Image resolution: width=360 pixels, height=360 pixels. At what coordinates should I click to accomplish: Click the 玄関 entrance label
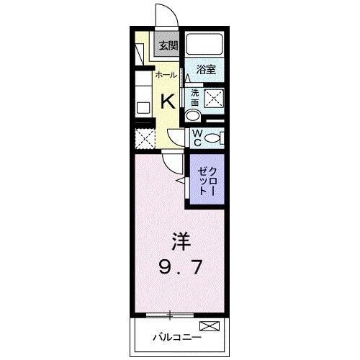click(x=168, y=45)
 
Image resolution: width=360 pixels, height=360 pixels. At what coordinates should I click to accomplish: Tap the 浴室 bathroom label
click(x=207, y=70)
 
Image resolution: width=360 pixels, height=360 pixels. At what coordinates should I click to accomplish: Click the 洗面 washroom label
click(x=194, y=97)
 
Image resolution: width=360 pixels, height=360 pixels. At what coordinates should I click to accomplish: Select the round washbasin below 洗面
click(x=192, y=116)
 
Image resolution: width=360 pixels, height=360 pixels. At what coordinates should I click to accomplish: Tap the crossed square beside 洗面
click(x=214, y=99)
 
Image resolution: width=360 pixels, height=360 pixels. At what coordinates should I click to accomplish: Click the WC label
click(x=195, y=138)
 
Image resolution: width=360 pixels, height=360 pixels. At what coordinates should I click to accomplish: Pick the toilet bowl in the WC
click(x=214, y=138)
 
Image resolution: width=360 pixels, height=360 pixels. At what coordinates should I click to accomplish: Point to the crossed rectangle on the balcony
click(x=209, y=328)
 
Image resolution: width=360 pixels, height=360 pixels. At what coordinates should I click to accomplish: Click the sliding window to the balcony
click(x=171, y=314)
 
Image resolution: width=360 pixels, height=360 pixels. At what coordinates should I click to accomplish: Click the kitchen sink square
click(x=143, y=107)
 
